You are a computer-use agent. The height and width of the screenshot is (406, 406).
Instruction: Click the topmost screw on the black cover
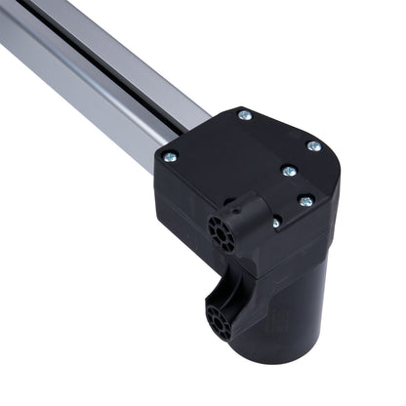point(243,116)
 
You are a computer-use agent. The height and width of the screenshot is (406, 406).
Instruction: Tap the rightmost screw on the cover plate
point(313,146)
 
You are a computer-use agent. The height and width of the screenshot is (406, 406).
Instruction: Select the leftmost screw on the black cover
point(171,156)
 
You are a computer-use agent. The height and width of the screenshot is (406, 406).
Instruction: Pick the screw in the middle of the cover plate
point(288,170)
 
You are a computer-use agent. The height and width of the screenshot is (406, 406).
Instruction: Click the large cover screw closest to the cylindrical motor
point(305,202)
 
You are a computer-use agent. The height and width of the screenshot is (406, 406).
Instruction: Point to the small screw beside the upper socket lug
point(276,223)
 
